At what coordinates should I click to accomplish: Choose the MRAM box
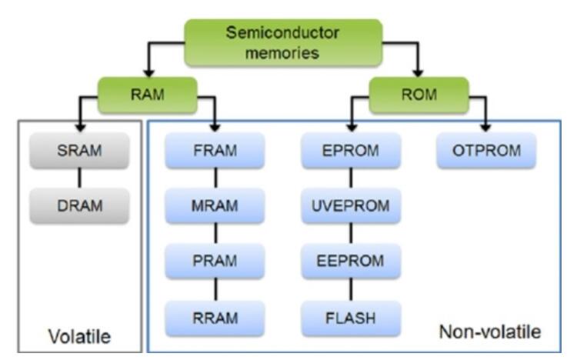215,207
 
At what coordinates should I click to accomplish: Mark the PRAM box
215,260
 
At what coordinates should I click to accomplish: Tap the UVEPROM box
351,207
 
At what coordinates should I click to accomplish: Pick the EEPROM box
351,260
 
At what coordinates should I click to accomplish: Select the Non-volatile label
489,333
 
